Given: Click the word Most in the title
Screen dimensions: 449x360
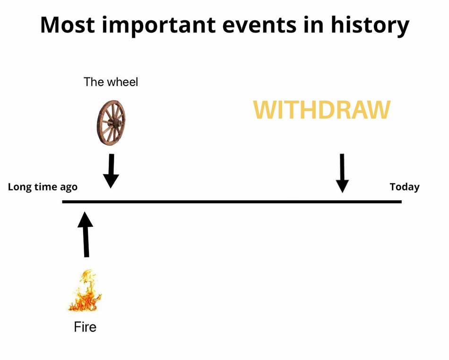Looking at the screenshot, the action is (x=68, y=25).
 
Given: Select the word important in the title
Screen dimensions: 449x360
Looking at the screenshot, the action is (x=158, y=26).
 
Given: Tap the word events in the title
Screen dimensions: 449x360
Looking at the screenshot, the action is (x=259, y=25).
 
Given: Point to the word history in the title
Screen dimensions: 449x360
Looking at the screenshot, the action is (x=370, y=26).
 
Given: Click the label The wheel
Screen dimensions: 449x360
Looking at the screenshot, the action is (x=111, y=82).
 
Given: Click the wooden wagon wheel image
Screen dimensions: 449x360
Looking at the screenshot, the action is (x=111, y=122).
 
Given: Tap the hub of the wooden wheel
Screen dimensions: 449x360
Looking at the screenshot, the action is (x=116, y=123).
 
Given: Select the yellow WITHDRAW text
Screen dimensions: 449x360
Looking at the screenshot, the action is (x=321, y=110).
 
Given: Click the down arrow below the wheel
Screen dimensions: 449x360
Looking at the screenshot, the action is (x=111, y=171).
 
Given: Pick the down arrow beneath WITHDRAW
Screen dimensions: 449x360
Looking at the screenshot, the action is (x=342, y=173).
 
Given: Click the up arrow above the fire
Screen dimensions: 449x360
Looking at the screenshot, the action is (x=86, y=234).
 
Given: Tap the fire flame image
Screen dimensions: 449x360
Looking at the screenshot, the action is (x=85, y=291).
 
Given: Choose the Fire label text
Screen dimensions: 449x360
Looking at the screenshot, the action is (x=85, y=327).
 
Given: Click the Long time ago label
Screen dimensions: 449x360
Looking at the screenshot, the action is (x=43, y=187).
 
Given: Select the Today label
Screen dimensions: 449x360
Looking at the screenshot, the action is (x=405, y=187).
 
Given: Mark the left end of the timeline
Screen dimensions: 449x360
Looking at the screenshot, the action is (x=62, y=202).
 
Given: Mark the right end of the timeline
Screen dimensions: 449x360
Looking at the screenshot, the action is (x=401, y=202).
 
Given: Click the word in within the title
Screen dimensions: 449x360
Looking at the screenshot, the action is (x=313, y=25).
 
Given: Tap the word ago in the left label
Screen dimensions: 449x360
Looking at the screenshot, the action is (x=69, y=188).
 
